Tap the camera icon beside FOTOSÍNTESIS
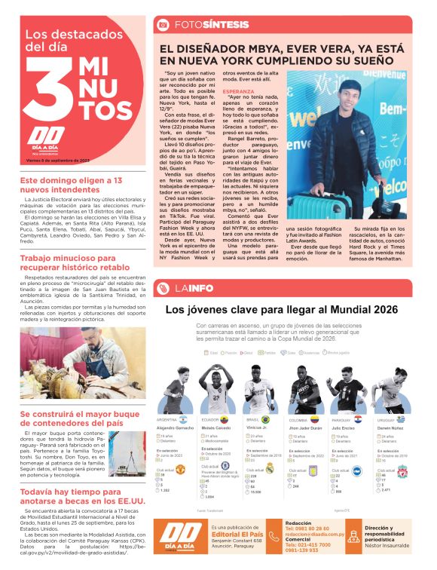click(x=162, y=25)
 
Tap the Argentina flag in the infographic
click(x=182, y=419)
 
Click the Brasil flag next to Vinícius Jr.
click(x=266, y=419)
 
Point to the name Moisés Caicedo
click(x=217, y=427)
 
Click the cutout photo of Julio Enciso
click(x=349, y=388)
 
